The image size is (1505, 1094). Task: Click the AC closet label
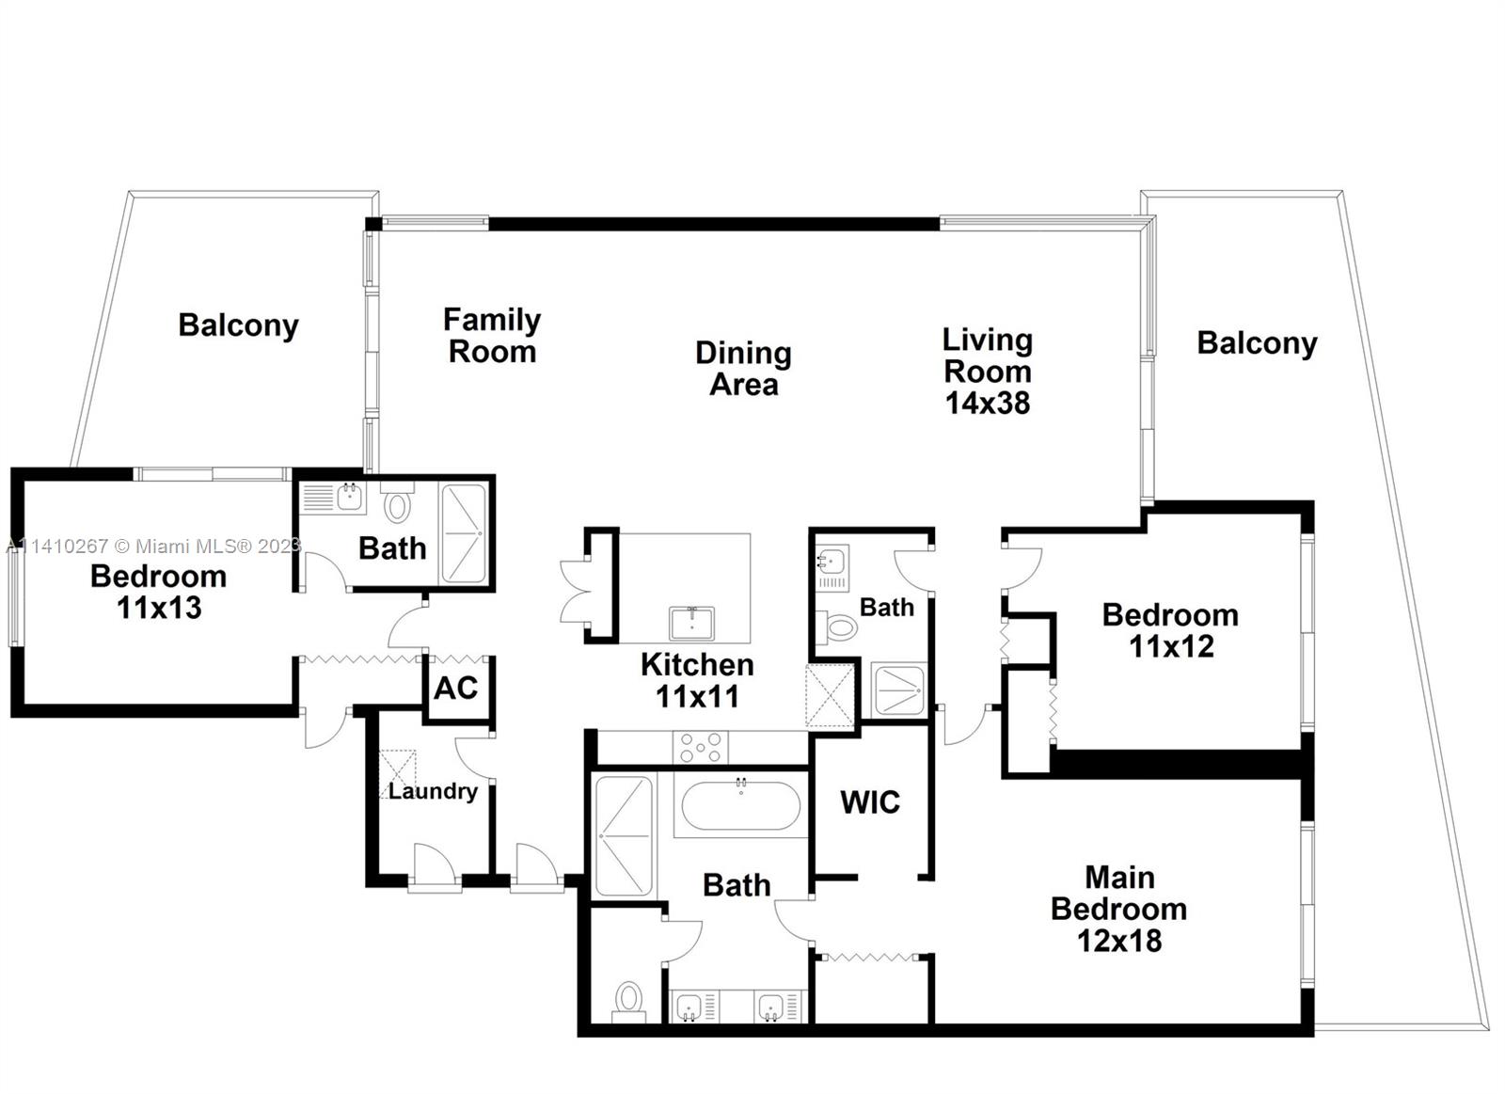[455, 689]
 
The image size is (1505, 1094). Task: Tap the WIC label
[870, 802]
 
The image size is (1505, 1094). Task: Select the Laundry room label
[433, 791]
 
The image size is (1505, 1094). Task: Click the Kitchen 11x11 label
[697, 681]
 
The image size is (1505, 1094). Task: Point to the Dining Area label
[744, 369]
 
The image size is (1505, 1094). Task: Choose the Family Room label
[492, 335]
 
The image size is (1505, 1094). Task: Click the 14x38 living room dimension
[987, 404]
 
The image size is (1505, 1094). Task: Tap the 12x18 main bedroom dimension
[1119, 941]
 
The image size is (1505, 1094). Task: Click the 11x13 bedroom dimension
[159, 608]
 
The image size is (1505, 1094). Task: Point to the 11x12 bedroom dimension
[1171, 646]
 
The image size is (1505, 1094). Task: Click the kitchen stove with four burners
[701, 747]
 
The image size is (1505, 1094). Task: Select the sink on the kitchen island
[692, 623]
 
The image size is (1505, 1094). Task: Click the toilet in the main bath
[629, 999]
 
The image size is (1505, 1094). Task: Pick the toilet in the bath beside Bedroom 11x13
[396, 505]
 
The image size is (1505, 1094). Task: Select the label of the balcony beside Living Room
[1257, 344]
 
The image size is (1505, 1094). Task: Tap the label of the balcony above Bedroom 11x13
[239, 326]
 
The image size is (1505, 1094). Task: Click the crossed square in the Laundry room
[397, 774]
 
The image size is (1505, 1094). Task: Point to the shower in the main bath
[624, 836]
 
